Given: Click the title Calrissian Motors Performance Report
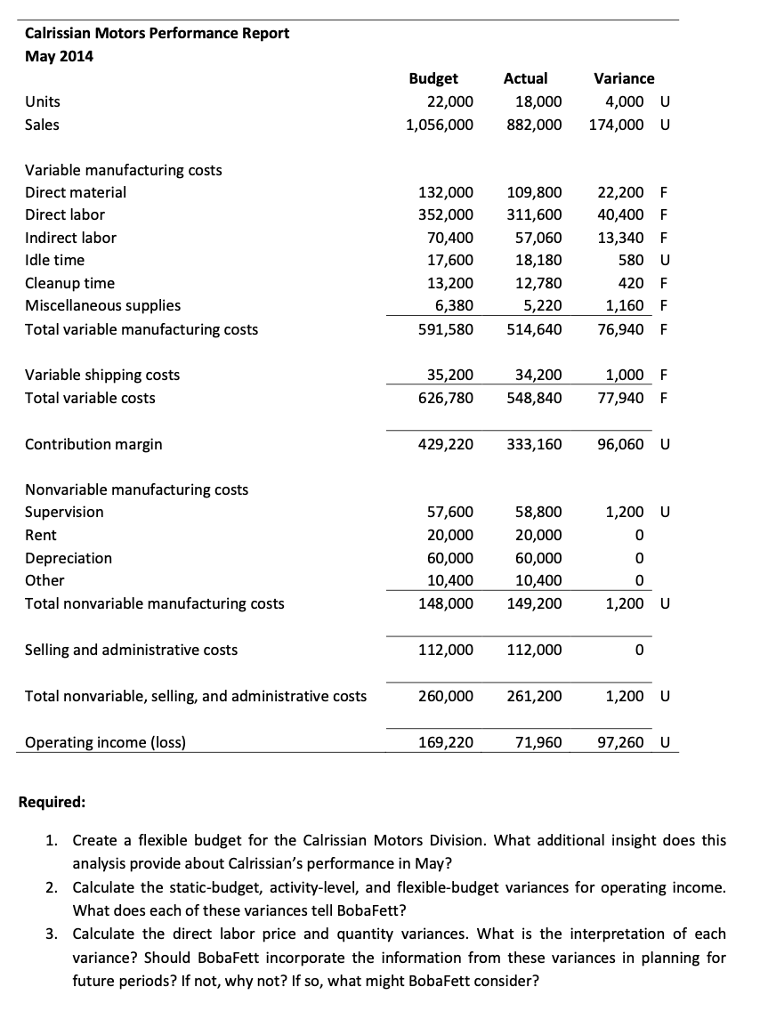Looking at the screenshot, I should (x=157, y=33).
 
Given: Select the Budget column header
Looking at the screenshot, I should (x=433, y=78).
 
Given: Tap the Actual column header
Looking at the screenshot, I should (x=525, y=78).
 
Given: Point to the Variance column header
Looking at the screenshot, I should (x=623, y=78).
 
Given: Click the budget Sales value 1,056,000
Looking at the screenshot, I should (x=440, y=125).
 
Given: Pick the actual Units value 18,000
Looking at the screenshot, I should (x=538, y=101).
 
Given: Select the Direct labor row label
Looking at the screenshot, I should (x=65, y=214).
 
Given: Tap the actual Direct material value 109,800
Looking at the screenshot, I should (x=534, y=192).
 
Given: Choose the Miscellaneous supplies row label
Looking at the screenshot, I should (x=102, y=305).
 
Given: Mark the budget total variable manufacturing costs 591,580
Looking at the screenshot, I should (x=445, y=329).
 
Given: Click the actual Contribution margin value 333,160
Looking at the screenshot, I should (x=534, y=443).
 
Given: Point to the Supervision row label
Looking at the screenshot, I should (x=64, y=512).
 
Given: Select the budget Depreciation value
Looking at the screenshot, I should (x=450, y=558).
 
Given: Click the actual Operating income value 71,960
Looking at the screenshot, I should (x=538, y=741).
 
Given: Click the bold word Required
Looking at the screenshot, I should (x=53, y=802).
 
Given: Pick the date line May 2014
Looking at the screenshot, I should (x=59, y=56).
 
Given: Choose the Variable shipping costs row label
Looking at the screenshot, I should (x=102, y=375).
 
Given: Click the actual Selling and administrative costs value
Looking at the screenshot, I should (x=534, y=650).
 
